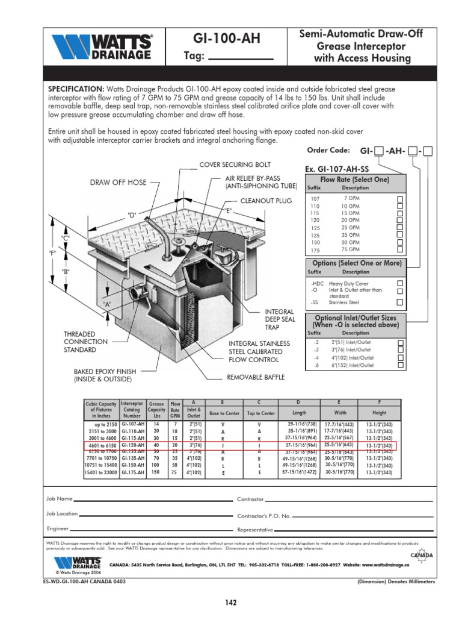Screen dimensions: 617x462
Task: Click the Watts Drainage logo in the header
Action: pos(102,46)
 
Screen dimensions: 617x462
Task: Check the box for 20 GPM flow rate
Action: pos(399,220)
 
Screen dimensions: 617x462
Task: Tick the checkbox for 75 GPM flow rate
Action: pos(399,249)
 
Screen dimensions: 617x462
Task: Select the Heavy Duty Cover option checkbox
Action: pos(399,283)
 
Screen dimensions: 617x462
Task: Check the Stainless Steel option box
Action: pos(399,302)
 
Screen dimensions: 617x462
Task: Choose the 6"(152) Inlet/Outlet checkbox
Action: pos(399,365)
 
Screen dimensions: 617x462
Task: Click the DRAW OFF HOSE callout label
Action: pos(118,182)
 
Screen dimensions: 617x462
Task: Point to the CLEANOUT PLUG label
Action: pos(266,201)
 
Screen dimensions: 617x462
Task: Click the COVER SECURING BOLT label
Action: pos(235,164)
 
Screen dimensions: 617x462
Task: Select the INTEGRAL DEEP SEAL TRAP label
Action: pos(280,319)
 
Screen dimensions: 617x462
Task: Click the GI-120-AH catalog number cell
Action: pos(133,445)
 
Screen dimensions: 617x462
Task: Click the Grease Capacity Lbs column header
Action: pos(156,409)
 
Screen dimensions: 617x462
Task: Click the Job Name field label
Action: pos(60,500)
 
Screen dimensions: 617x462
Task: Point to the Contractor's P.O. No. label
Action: pos(264,516)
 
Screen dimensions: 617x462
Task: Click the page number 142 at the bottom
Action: pos(230,602)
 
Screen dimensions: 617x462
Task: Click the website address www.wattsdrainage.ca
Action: pos(378,565)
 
